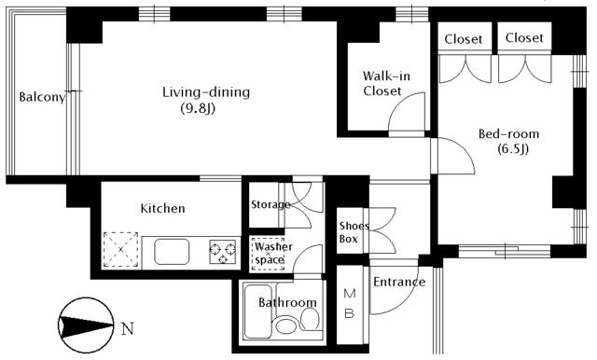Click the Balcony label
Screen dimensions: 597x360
42,97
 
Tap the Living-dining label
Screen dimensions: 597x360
206,92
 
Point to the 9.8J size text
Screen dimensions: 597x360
198,109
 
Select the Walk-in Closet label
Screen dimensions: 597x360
386,83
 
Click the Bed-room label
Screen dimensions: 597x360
508,134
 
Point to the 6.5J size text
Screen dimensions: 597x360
513,149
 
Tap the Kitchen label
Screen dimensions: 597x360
162,208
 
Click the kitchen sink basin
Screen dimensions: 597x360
172,252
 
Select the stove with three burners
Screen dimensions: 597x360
223,252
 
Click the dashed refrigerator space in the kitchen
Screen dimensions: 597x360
120,250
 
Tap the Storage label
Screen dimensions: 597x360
271,205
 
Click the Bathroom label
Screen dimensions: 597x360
287,302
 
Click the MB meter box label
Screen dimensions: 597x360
350,303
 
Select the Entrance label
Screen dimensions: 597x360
399,282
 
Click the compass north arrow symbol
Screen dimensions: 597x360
86,325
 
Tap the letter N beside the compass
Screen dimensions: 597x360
128,328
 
